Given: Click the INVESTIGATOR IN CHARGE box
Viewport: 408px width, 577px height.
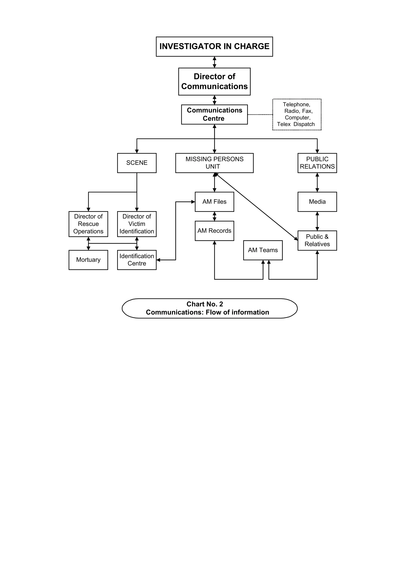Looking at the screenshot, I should coord(214,47).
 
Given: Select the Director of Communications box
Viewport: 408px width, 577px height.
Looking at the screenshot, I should coord(214,81).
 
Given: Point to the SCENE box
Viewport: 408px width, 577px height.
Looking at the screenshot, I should coord(137,163).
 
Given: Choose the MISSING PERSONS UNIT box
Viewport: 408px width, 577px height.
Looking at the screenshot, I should coord(214,163).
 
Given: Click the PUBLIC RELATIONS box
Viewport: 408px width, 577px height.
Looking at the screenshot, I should coord(317,163).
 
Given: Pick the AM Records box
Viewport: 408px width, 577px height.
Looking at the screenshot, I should coord(214,231).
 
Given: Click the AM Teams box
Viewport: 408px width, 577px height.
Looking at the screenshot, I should coord(263,250).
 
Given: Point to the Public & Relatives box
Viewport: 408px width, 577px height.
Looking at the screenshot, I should coord(317,240).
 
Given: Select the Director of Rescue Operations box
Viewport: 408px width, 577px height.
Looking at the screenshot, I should coord(88,224).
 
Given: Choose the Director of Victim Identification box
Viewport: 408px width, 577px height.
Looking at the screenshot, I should coord(137,224).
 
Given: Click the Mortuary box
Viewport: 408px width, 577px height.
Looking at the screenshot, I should coord(88,260).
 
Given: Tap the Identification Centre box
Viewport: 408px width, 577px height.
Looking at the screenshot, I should coord(137,260).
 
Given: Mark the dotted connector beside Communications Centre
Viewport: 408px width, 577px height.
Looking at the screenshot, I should coord(260,115).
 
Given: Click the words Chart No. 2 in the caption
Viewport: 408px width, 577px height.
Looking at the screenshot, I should coord(205,304).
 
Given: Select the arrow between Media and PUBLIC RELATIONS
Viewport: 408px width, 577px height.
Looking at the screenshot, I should coord(317,182).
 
